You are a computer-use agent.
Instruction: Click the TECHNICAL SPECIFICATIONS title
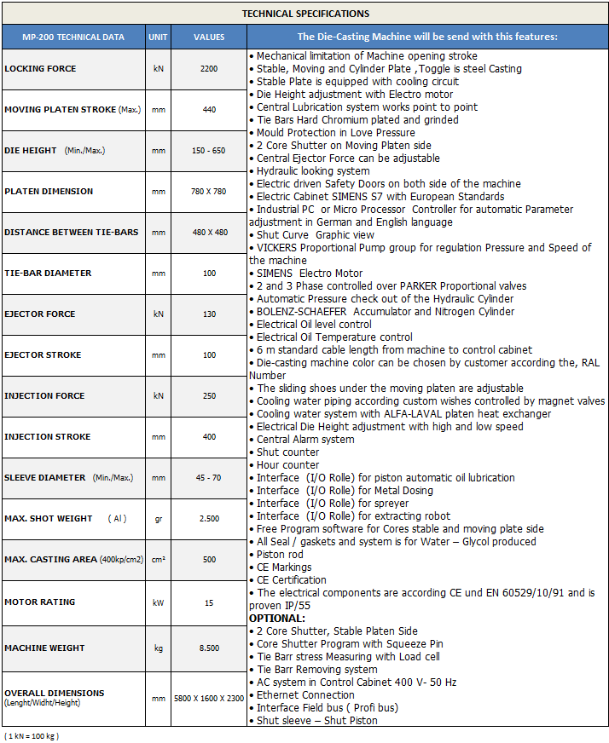point(305,14)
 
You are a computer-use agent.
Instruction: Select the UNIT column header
point(158,37)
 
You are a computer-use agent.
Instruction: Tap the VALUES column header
point(209,37)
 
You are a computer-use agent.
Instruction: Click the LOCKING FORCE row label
point(40,68)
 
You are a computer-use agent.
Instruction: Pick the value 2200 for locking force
point(209,68)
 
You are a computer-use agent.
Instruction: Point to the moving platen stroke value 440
point(209,109)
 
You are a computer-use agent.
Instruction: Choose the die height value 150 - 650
point(209,150)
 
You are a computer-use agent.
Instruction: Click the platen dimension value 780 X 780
point(209,191)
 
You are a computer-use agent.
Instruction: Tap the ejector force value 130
point(209,314)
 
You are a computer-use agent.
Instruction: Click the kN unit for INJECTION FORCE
point(158,395)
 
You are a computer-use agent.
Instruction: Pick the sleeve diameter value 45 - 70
point(209,477)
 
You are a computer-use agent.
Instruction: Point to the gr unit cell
point(158,518)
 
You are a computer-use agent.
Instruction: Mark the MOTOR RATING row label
point(39,602)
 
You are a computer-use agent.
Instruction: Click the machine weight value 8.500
point(209,648)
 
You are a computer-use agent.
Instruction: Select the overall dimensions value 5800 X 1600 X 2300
point(209,698)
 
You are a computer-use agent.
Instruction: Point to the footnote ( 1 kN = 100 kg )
point(32,734)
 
